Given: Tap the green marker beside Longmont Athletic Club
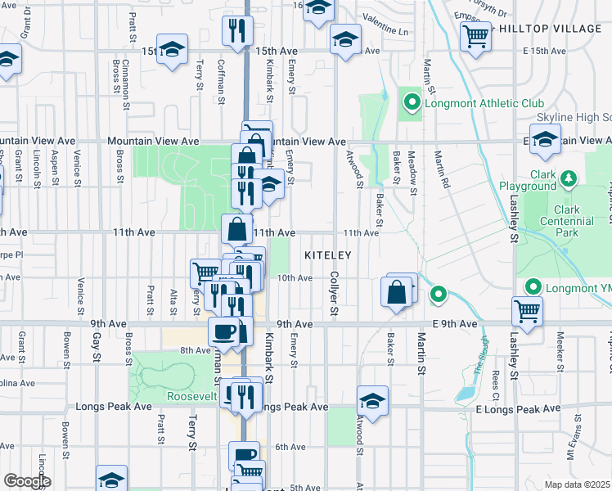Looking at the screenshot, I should (x=411, y=103).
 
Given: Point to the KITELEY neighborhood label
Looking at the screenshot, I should (x=327, y=256).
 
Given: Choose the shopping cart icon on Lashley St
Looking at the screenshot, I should (x=527, y=310).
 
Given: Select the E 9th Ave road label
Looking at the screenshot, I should (x=457, y=324).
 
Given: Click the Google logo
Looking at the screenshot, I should (x=27, y=481).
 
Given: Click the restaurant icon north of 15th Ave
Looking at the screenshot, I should (x=236, y=31).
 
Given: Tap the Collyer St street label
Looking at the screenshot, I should (x=333, y=295).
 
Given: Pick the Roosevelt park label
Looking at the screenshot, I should (x=190, y=396).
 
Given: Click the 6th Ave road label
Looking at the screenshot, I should (x=290, y=447).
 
